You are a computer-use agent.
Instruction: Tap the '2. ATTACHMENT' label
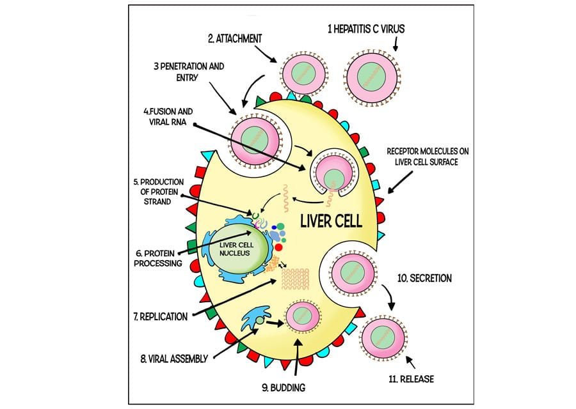(x=235, y=38)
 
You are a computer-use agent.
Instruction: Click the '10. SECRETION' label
(x=424, y=278)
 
